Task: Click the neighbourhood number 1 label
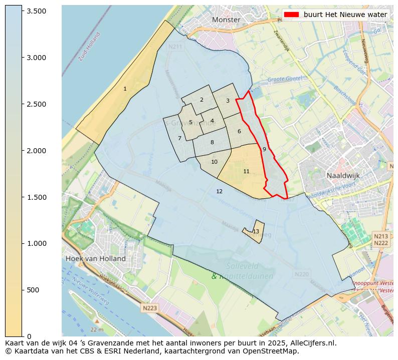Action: point(125,89)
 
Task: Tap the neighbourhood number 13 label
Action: point(256,231)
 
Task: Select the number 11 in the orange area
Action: point(246,171)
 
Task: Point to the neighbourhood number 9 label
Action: point(264,149)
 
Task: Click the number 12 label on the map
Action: point(219,191)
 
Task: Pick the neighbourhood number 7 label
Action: point(179,138)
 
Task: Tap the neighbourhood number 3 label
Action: point(228,101)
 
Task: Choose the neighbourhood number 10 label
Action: point(214,162)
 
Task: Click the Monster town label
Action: point(226,20)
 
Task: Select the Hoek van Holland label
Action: point(95,258)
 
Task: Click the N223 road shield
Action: point(149,308)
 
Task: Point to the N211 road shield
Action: point(175,47)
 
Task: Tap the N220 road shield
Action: point(301,274)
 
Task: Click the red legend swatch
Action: point(291,15)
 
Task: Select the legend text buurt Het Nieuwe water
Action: point(345,15)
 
